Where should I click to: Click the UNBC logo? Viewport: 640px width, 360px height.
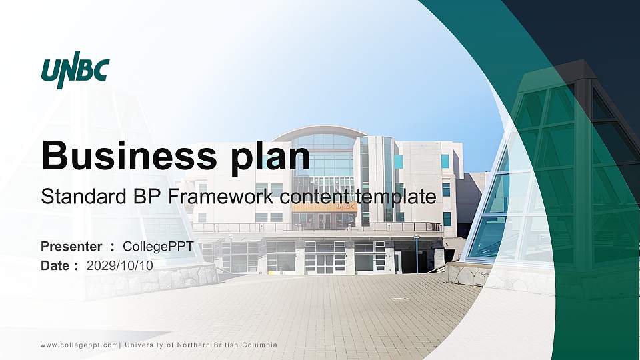[75, 69]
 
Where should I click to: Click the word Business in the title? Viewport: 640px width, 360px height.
[125, 155]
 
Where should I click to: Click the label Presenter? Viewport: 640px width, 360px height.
[71, 247]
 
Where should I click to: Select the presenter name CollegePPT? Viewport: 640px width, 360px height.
[158, 247]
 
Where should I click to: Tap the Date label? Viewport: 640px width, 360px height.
[55, 265]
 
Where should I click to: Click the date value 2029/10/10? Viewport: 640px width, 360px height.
[120, 265]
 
